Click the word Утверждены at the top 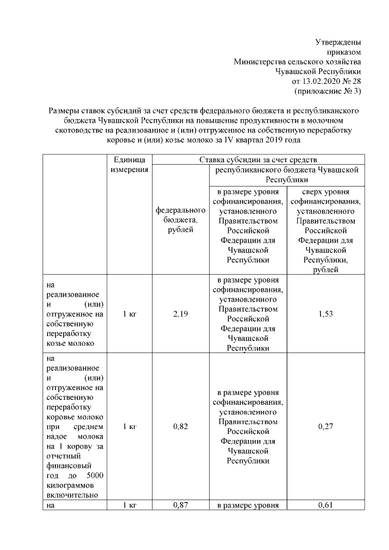(338, 43)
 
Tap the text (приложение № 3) (328, 91)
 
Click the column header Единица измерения (129, 164)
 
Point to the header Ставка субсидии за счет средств (258, 159)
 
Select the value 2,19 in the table (180, 314)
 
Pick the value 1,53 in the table (326, 314)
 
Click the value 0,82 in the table (180, 427)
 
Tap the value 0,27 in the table (326, 427)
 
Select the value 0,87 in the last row (180, 505)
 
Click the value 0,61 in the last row (326, 505)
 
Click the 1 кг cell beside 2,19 (129, 314)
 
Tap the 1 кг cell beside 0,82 (129, 427)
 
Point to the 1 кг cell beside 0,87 (129, 505)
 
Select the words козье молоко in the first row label (69, 343)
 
